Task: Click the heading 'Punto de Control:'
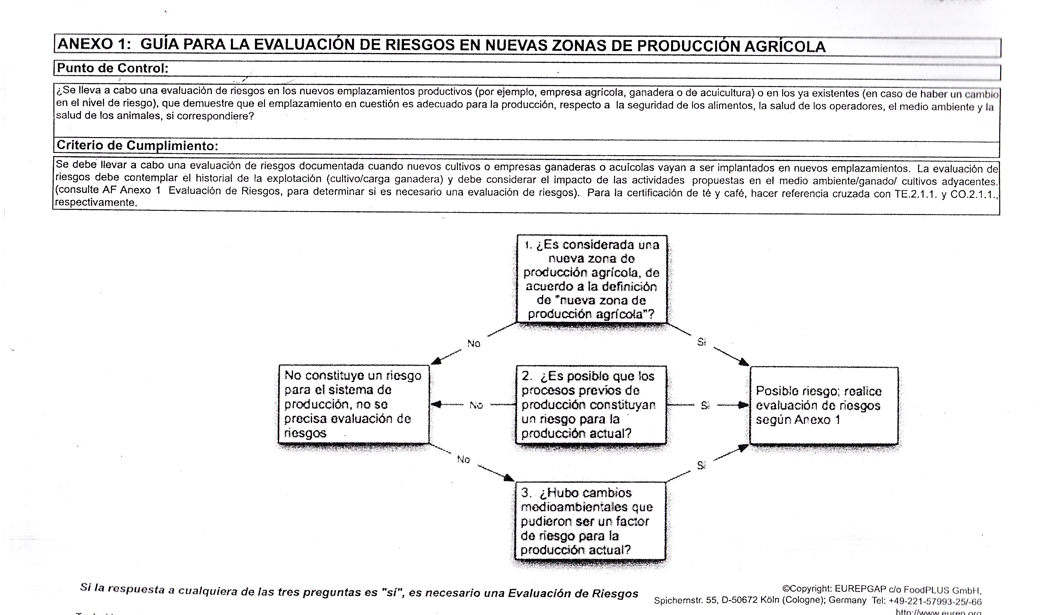pos(112,68)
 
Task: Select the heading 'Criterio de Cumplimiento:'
pos(137,146)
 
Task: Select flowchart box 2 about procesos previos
pos(591,405)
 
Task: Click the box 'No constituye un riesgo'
pos(354,404)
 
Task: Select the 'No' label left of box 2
pos(476,405)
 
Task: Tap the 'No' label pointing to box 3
pos(463,459)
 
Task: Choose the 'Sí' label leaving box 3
pos(701,465)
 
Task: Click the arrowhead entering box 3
pos(509,478)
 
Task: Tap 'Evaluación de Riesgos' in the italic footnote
pos(573,593)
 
